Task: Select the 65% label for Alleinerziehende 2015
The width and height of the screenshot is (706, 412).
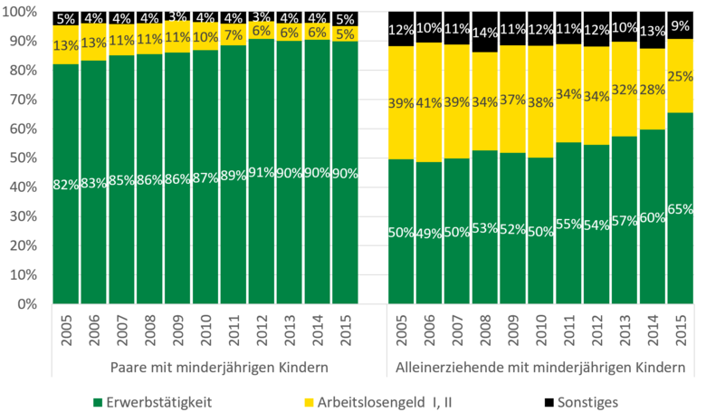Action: [681, 209]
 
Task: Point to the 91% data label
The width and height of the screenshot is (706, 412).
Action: [262, 172]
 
